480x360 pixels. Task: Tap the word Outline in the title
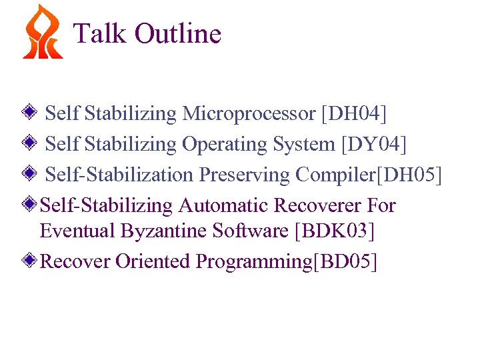tap(178, 33)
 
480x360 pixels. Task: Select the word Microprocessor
tap(249, 114)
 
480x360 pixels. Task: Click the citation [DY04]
tap(373, 144)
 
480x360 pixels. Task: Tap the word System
tap(304, 144)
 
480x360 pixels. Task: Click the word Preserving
tap(245, 175)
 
